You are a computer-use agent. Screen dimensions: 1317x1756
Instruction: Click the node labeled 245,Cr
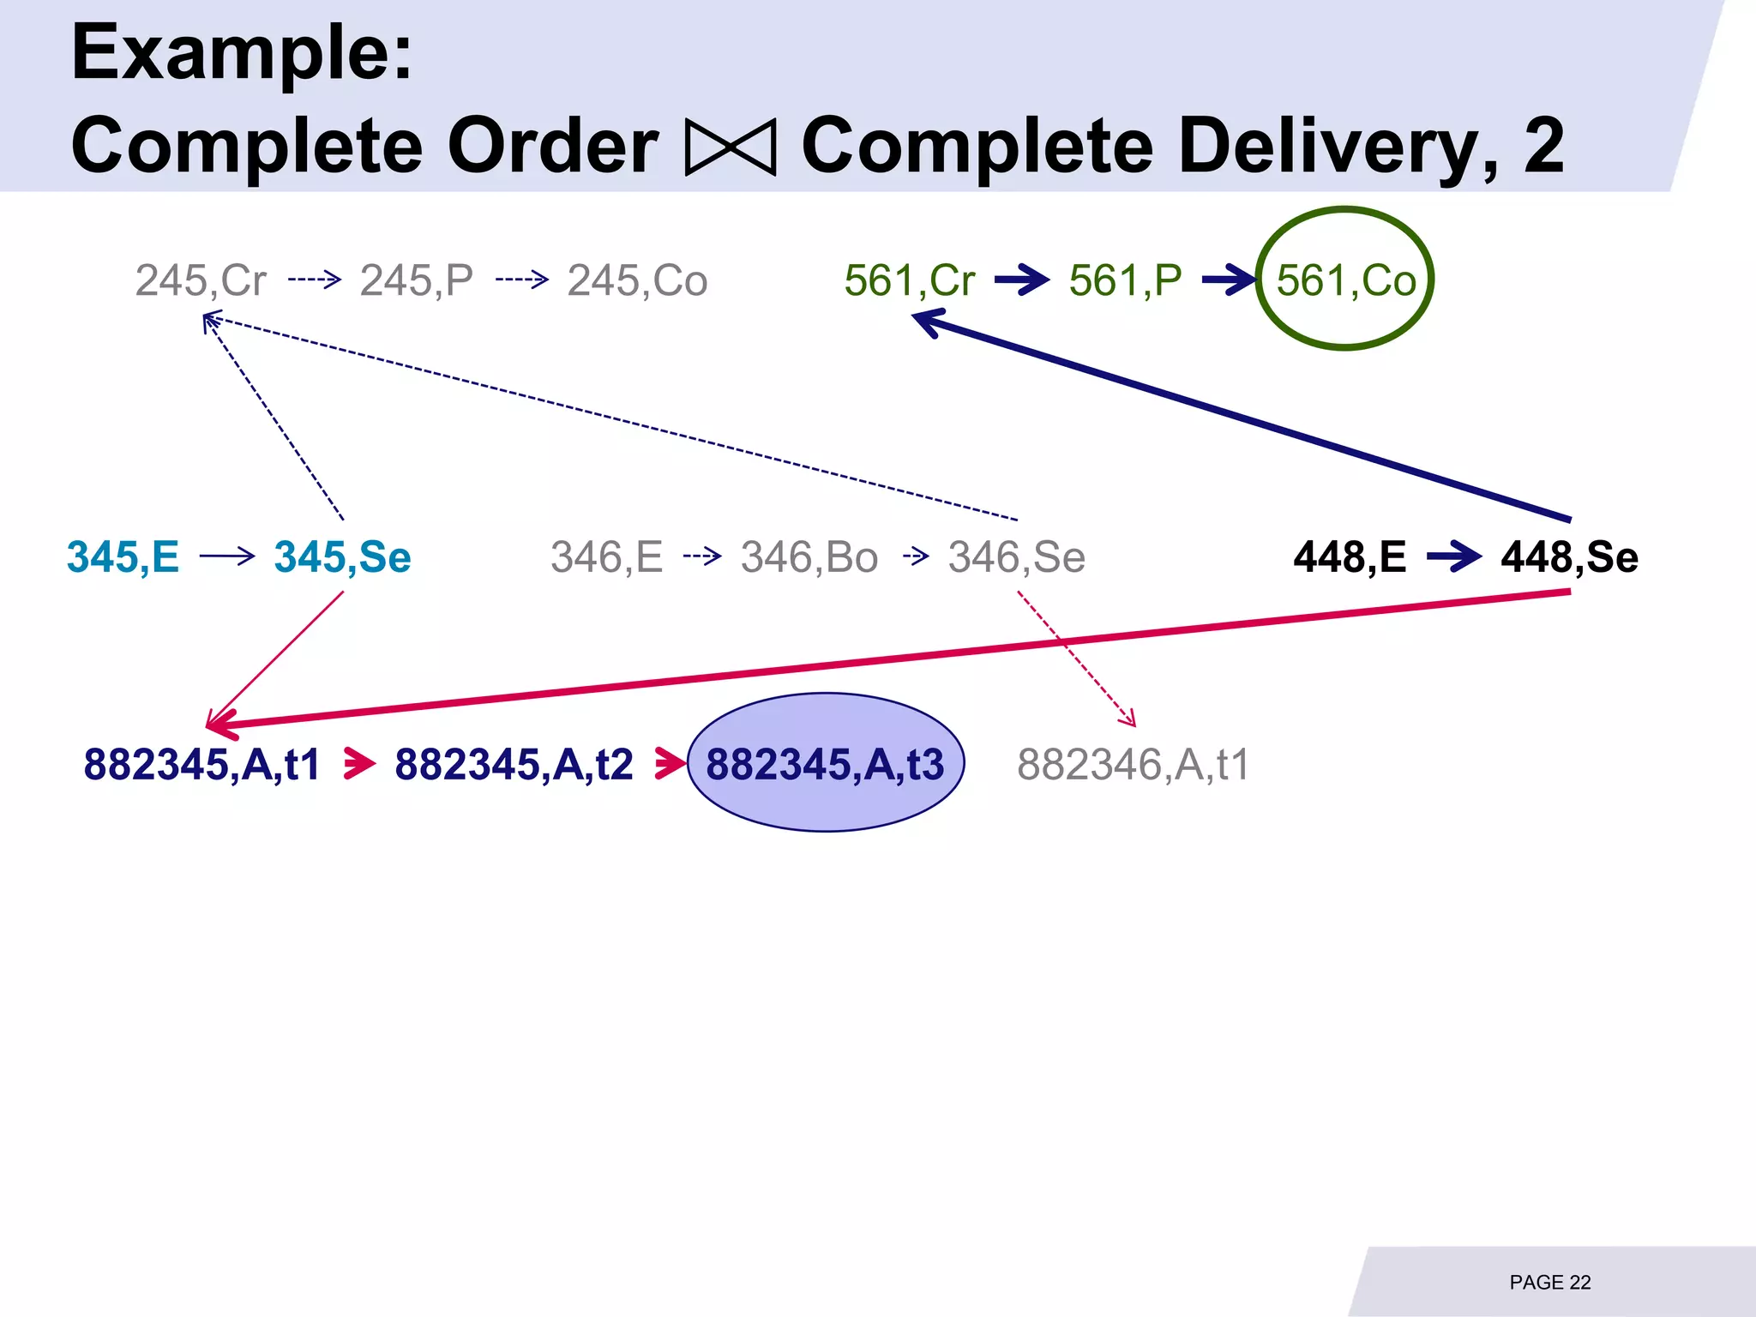[x=201, y=280]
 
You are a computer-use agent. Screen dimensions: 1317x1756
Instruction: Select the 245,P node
[x=416, y=280]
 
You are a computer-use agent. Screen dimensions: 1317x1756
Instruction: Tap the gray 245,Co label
[x=637, y=280]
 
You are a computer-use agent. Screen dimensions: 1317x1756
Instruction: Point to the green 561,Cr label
[x=910, y=280]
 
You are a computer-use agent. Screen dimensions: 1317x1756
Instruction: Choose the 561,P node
[x=1125, y=280]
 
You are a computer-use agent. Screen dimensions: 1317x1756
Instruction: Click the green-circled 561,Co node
[x=1345, y=280]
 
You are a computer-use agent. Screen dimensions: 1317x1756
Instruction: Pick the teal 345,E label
[x=123, y=557]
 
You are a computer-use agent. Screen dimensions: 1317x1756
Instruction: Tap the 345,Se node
[x=343, y=557]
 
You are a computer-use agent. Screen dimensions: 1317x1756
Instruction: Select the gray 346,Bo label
[x=809, y=557]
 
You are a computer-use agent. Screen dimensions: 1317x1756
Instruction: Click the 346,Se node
[x=1017, y=557]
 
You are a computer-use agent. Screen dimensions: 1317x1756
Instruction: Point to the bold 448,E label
[x=1350, y=557]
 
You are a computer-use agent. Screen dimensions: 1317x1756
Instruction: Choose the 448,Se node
[x=1569, y=557]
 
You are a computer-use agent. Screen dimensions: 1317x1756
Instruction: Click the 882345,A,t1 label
[x=201, y=764]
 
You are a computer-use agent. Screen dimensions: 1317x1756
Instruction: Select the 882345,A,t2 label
[x=514, y=764]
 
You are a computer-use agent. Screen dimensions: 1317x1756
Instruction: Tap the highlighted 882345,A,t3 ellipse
[x=826, y=762]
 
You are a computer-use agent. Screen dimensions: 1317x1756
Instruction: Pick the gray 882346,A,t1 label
[x=1133, y=764]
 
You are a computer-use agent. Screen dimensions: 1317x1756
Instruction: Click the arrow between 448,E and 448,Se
[x=1453, y=557]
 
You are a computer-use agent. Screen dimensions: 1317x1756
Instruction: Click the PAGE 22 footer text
[x=1550, y=1282]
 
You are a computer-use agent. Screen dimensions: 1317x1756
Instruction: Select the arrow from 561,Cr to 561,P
[x=1021, y=280]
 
